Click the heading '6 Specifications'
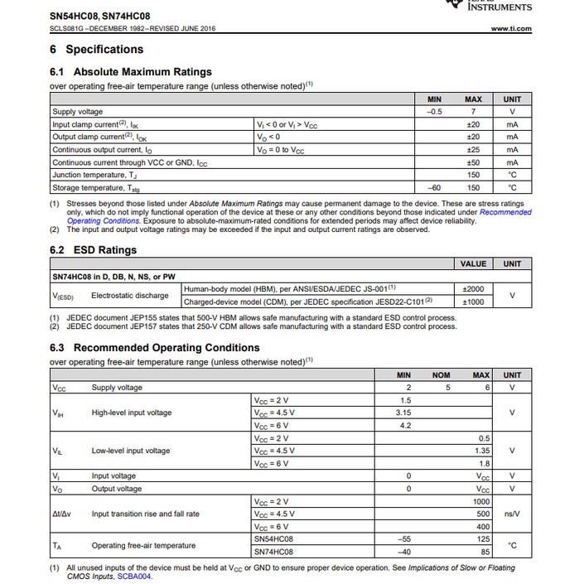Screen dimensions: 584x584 96,50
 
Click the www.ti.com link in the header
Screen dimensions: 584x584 510,29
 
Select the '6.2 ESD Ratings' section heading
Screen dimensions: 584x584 93,250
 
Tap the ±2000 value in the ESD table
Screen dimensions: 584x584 473,288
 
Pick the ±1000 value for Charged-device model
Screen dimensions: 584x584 473,302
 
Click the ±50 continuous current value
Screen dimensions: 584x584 473,162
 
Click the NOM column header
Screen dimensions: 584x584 441,375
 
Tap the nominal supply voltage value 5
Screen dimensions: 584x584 447,388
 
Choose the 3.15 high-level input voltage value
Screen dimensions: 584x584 404,413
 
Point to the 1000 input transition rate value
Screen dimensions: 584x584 482,501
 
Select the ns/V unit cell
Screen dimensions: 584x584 512,514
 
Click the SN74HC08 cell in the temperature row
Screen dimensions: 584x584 273,552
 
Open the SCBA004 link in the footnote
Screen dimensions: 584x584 134,577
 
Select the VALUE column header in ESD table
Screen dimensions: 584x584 473,263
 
